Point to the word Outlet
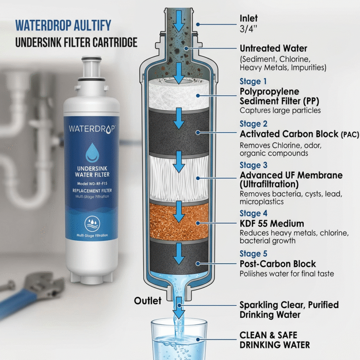[148, 300]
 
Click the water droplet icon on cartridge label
[91, 152]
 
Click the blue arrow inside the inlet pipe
[179, 21]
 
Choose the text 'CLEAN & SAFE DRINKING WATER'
[275, 340]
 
